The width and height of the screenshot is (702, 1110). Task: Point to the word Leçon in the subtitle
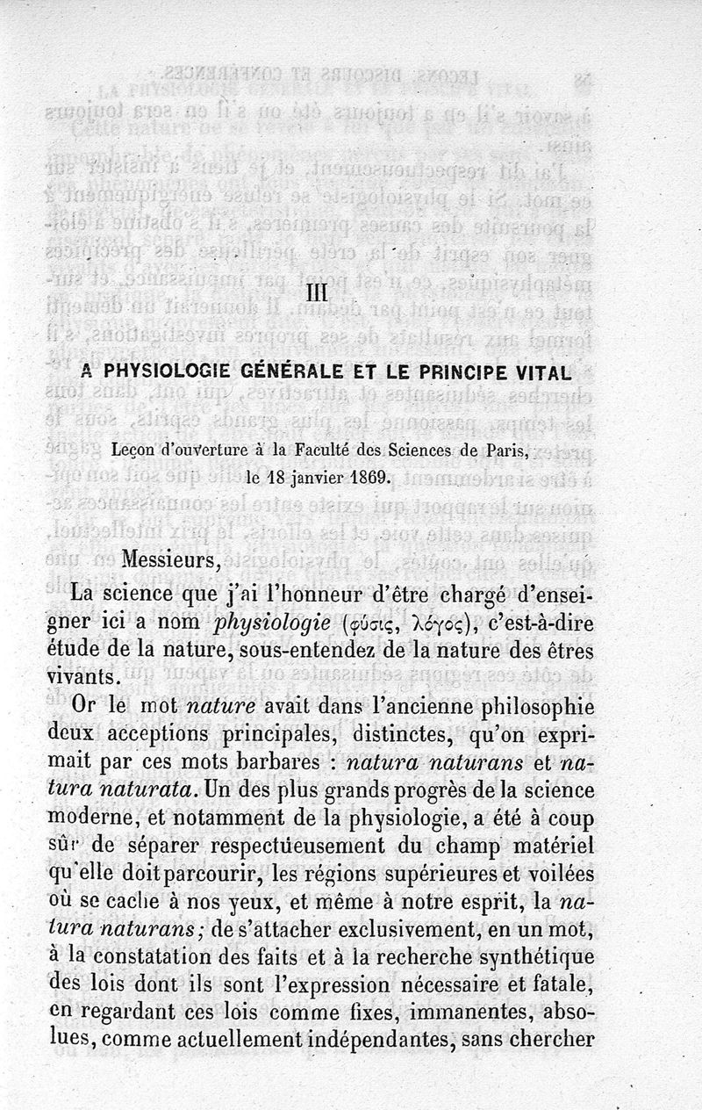tap(135, 451)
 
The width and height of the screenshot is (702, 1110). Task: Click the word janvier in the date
tap(295, 479)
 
